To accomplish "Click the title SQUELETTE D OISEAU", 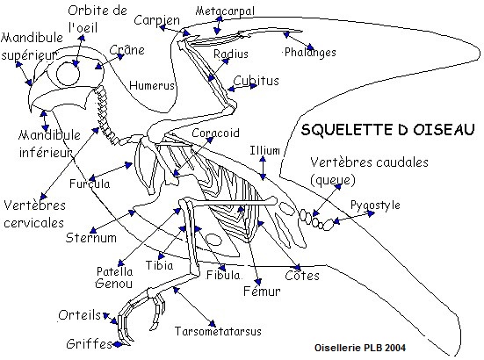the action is coord(387,130).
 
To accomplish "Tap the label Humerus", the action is coord(152,85).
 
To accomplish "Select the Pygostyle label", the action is coord(375,205).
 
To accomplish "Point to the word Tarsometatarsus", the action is coord(218,331).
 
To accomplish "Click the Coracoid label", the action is coord(215,133).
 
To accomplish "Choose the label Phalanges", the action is coord(310,52).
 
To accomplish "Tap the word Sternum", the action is coord(91,238).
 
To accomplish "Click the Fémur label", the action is coord(262,291).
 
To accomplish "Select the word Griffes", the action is coord(89,343).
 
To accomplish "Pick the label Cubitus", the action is coord(256,81).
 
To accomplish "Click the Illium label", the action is coord(265,150).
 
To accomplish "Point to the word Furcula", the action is coord(90,184).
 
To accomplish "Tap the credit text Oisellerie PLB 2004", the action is coord(360,348).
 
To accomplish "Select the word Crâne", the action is coord(126,50).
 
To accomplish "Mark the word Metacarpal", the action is coord(225,11).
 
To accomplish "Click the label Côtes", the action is coord(302,276).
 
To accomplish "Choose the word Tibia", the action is coord(159,265).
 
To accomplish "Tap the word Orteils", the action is coord(80,315).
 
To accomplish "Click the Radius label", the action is coord(231,54).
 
